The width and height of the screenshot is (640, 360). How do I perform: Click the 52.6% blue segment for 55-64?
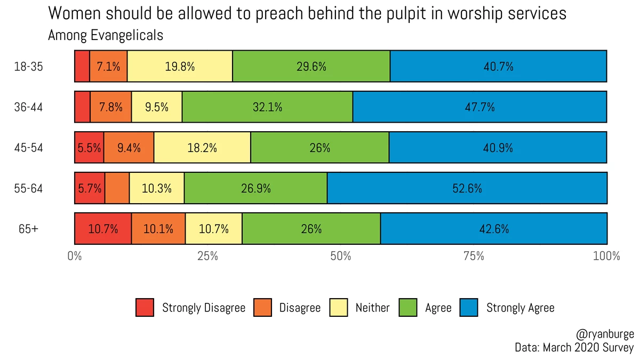point(467,188)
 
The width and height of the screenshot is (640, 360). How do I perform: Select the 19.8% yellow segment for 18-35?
point(180,67)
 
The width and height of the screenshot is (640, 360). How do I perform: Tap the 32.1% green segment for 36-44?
point(267,107)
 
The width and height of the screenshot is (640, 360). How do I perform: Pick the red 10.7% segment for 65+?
point(103,229)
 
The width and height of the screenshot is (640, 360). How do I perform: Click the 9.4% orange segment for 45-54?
point(129,148)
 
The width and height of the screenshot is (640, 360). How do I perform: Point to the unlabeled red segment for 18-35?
point(82,67)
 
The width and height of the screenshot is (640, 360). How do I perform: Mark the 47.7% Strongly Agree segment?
point(479,107)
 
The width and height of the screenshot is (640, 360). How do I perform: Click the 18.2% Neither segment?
point(202,148)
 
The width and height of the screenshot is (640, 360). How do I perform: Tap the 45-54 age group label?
point(28,148)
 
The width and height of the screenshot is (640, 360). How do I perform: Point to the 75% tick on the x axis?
point(474,256)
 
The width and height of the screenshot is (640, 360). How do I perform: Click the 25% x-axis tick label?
point(207,256)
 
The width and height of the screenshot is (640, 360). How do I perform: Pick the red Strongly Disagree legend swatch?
point(145,308)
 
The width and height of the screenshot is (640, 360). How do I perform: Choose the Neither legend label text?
point(372,308)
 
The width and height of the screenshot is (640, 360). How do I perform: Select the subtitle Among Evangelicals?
point(105,36)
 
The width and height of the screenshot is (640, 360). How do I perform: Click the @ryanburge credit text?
point(605,334)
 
